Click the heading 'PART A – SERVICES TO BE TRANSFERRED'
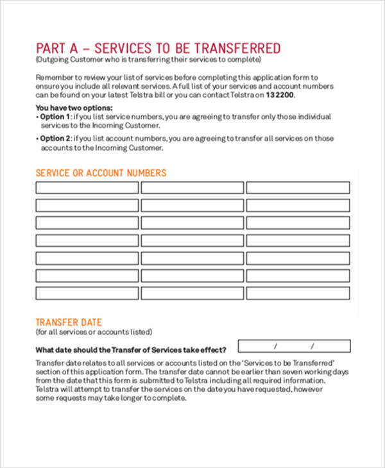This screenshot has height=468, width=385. tap(158, 49)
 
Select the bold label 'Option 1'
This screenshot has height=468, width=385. tap(56, 117)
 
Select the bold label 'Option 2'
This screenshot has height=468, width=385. tap(56, 138)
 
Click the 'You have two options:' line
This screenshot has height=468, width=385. tap(74, 108)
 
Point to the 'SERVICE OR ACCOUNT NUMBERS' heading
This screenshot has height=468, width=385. tap(101, 173)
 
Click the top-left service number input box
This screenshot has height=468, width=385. tap(87, 188)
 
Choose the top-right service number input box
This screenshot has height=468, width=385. tap(298, 188)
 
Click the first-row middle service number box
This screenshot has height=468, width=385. tap(193, 188)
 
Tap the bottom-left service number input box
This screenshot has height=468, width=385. tap(87, 293)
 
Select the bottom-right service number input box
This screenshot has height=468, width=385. tap(298, 293)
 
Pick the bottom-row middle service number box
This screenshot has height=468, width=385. tap(193, 293)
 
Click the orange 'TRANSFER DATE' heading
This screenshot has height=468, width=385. tap(69, 322)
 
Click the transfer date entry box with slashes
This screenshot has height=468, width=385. tap(294, 346)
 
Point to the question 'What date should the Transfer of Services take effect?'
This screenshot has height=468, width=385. tap(131, 350)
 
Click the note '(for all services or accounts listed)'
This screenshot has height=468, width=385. tap(94, 332)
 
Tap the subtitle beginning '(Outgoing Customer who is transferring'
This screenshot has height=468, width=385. tap(148, 60)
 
